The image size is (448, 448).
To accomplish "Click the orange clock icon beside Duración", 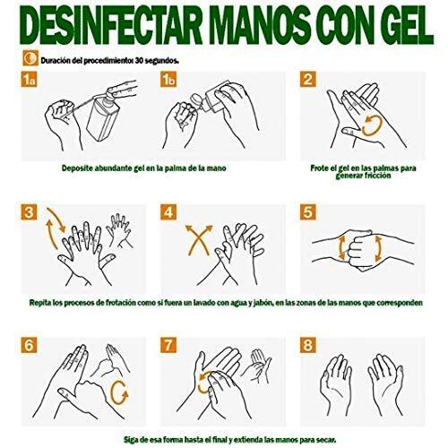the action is pyautogui.click(x=30, y=58).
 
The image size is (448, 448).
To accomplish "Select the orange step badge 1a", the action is pyautogui.click(x=30, y=80).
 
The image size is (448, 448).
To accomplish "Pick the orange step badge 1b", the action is pyautogui.click(x=168, y=80).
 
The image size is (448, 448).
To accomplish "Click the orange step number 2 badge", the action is pyautogui.click(x=308, y=80).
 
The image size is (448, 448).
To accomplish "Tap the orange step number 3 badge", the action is pyautogui.click(x=30, y=212).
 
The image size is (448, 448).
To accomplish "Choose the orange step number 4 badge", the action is pyautogui.click(x=168, y=212).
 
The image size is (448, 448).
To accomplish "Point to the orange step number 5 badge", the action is pyautogui.click(x=308, y=212).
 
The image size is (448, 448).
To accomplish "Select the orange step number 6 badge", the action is pyautogui.click(x=30, y=345).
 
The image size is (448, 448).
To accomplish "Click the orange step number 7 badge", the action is pyautogui.click(x=168, y=345).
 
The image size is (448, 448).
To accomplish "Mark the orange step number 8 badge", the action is pyautogui.click(x=308, y=345).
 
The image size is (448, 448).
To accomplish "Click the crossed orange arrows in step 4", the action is pyautogui.click(x=199, y=240).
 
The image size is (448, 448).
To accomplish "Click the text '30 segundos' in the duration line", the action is pyautogui.click(x=157, y=61).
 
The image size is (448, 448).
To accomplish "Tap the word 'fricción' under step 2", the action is pyautogui.click(x=377, y=176).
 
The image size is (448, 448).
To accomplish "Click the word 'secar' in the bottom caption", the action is pyautogui.click(x=327, y=440).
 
